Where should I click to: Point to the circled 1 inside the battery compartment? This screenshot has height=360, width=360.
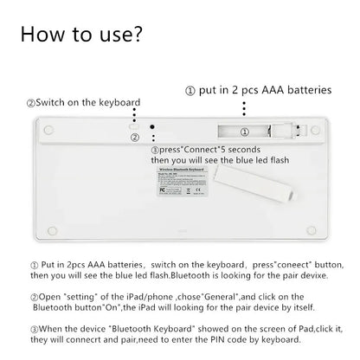(x=244, y=132)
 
